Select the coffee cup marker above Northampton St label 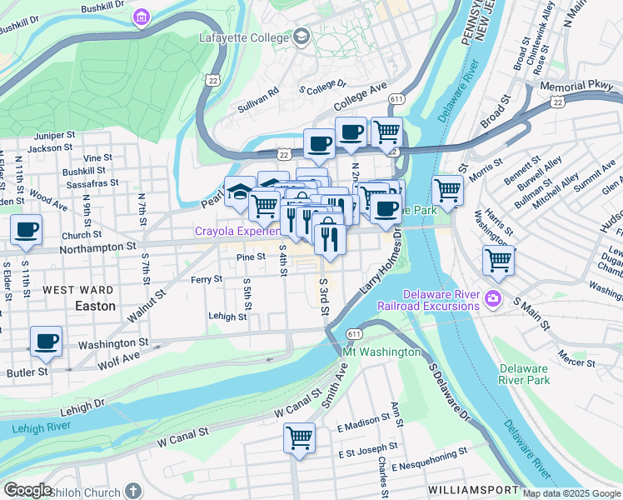point(26,231)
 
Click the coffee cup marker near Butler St point(46,342)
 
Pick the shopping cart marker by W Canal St point(299,438)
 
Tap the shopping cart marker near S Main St point(499,261)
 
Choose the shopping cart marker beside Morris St point(448,191)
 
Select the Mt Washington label point(382,352)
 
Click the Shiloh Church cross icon point(132,491)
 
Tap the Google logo point(27,490)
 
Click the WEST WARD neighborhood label point(78,290)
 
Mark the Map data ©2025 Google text point(571,493)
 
